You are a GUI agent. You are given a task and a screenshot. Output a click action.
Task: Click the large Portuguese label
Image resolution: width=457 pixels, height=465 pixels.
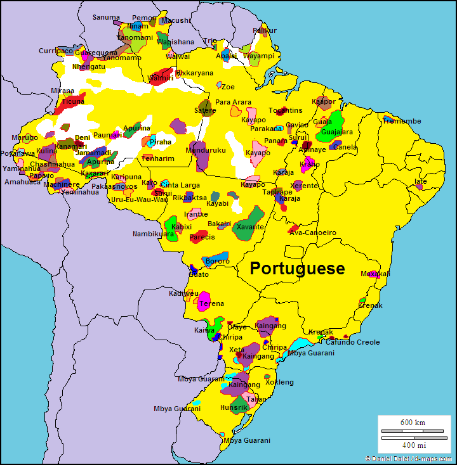tap(297, 269)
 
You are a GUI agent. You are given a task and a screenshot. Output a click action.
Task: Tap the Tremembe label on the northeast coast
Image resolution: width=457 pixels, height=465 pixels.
tap(402, 121)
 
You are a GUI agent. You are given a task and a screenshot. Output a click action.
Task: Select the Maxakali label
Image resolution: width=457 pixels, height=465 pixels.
tap(375, 274)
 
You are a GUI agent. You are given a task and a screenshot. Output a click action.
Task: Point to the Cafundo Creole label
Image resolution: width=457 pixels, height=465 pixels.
tap(353, 342)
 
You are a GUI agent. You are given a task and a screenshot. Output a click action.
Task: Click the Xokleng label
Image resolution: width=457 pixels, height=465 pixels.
tap(279, 382)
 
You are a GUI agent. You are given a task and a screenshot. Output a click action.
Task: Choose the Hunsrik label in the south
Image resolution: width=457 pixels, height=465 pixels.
tap(234, 407)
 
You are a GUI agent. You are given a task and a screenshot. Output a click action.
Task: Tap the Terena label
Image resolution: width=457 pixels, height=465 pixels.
tap(211, 304)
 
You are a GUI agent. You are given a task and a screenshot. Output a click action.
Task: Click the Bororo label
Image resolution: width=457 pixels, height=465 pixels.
tap(218, 261)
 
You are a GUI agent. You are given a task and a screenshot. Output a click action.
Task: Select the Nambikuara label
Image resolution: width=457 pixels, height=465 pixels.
tap(153, 234)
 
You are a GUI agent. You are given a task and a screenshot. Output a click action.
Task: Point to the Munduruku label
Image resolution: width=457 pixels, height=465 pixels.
tap(205, 150)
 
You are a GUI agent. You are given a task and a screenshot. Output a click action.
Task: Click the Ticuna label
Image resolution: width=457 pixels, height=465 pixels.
tap(73, 101)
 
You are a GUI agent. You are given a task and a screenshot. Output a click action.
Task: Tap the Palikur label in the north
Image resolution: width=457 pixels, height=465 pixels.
tap(265, 30)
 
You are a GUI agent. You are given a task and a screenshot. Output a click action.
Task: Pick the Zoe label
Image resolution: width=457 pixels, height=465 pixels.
tap(228, 87)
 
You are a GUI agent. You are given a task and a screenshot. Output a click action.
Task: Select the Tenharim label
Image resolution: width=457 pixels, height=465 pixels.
tap(157, 158)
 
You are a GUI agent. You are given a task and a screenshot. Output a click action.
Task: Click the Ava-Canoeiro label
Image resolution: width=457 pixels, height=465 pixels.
tap(312, 232)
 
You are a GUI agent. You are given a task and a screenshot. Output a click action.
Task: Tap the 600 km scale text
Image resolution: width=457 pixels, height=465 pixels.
tap(413, 423)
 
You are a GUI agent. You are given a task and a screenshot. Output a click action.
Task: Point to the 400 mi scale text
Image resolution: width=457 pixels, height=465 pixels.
tap(413, 445)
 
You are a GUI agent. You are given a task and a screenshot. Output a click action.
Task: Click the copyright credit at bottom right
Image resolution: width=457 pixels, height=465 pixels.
tap(409, 458)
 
